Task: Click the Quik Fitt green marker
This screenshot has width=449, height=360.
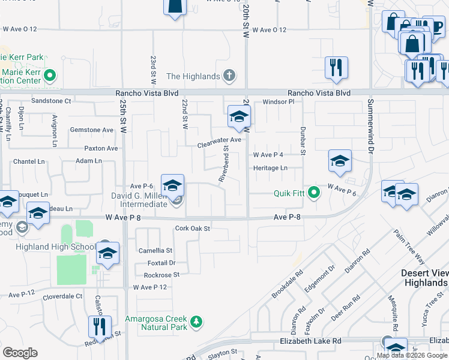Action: pyautogui.click(x=313, y=193)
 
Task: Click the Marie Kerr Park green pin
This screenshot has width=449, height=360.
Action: pyautogui.click(x=50, y=76)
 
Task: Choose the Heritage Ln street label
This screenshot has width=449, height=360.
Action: pyautogui.click(x=270, y=168)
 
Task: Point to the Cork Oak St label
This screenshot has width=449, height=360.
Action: pyautogui.click(x=192, y=228)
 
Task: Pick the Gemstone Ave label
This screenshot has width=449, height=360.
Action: pyautogui.click(x=91, y=130)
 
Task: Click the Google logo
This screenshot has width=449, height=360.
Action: pyautogui.click(x=20, y=353)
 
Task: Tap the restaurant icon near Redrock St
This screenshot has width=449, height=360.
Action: pyautogui.click(x=99, y=328)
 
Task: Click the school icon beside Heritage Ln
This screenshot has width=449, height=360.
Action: pyautogui.click(x=339, y=161)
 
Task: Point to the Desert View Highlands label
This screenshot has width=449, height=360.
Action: pyautogui.click(x=424, y=277)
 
